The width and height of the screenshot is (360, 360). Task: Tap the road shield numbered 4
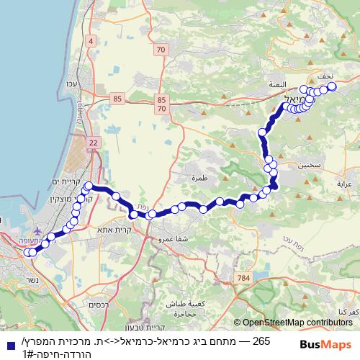(91, 41)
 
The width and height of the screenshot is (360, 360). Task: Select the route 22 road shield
(94, 144)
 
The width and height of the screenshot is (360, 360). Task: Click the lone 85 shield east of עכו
(117, 97)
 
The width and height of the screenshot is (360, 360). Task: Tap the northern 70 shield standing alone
(160, 50)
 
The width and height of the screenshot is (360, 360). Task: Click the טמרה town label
(199, 176)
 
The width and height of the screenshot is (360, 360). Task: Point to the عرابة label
(343, 184)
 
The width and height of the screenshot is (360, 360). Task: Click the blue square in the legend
(6, 345)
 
